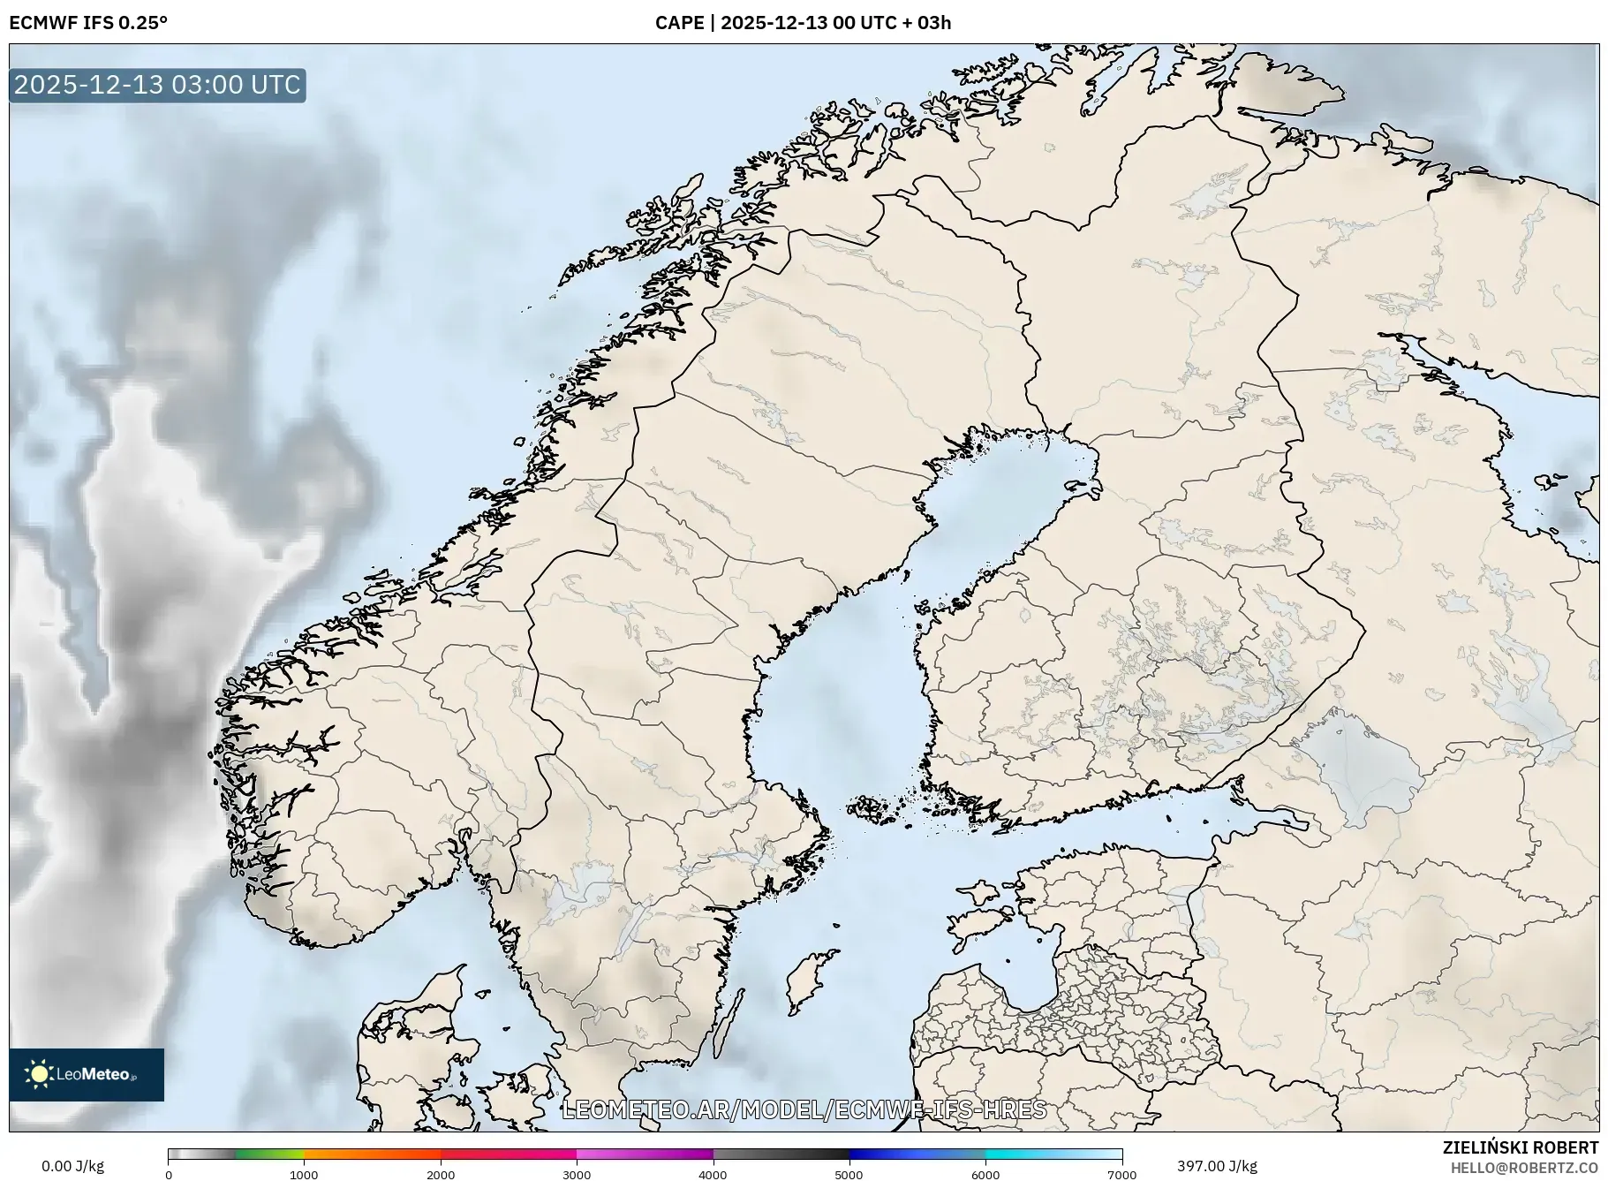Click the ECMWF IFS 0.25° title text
[88, 23]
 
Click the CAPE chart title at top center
[803, 23]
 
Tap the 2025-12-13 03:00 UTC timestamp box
[157, 85]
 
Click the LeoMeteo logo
[87, 1074]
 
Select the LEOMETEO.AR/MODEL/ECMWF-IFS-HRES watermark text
[804, 1109]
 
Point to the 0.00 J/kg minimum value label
[72, 1166]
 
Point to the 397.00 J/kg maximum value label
[1217, 1166]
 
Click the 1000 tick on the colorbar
[304, 1174]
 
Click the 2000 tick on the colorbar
[441, 1174]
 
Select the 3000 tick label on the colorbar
[577, 1174]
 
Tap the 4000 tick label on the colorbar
[713, 1174]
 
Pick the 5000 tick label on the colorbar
[849, 1174]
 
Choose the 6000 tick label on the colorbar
[985, 1174]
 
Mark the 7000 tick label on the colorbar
[1121, 1174]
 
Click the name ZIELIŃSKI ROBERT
[1520, 1147]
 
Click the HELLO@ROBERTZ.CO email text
[1524, 1168]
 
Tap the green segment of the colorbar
[269, 1154]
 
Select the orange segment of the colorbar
[371, 1154]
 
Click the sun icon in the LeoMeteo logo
[39, 1074]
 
